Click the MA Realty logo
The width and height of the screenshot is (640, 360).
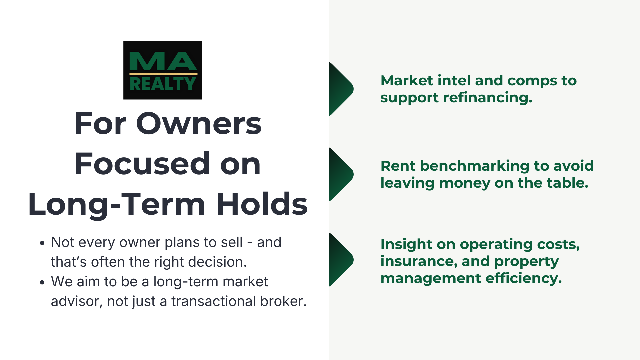click(162, 70)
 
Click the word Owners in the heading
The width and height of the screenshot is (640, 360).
click(199, 124)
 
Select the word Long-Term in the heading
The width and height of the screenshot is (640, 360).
click(117, 204)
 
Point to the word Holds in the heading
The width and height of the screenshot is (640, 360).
click(262, 204)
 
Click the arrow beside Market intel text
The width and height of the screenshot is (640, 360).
click(341, 89)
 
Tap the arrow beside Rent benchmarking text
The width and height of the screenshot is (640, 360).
click(341, 174)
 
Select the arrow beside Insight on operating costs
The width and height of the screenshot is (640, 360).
click(341, 260)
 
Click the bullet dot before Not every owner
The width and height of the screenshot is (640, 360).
click(42, 243)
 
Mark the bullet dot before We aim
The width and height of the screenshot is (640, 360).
click(42, 282)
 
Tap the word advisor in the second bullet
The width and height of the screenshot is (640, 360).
click(76, 301)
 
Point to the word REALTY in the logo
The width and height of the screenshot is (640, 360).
click(162, 84)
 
